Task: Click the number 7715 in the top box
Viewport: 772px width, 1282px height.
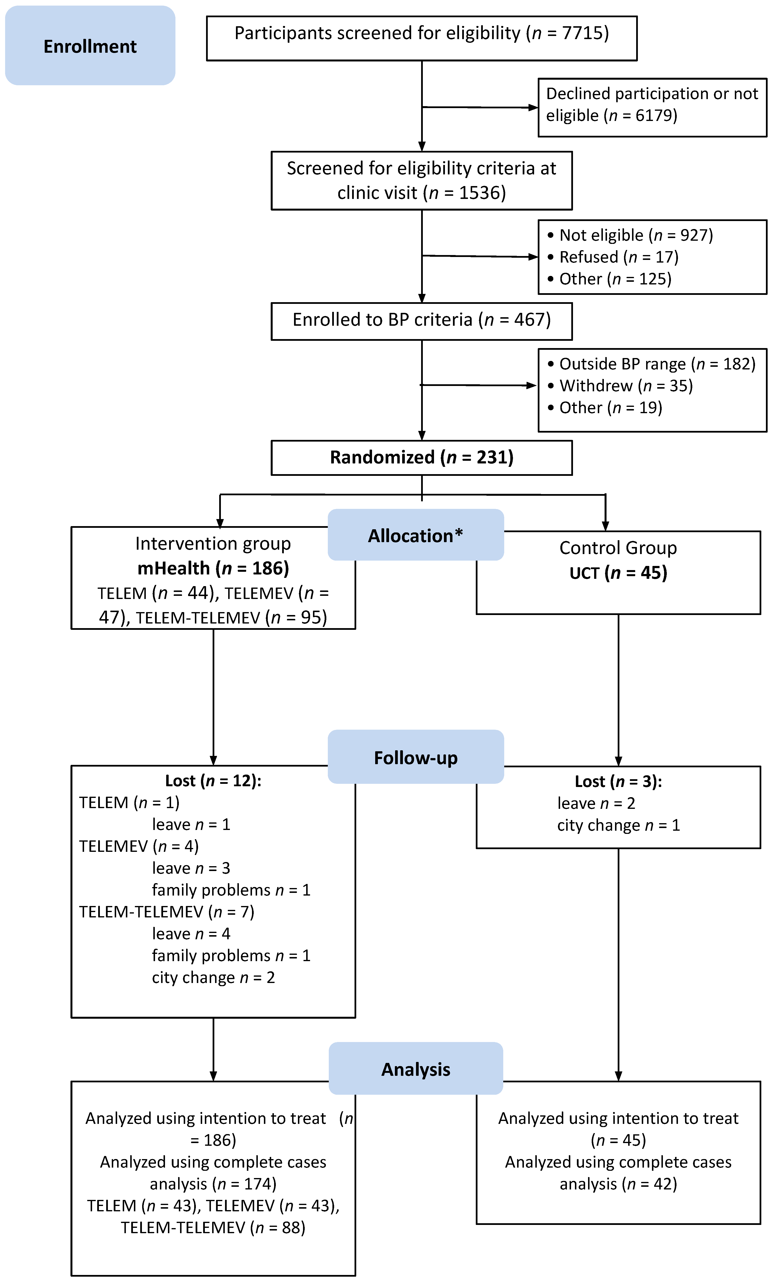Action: [583, 33]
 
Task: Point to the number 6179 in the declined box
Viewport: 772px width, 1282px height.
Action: [655, 115]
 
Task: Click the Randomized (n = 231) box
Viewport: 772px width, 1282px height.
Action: [421, 457]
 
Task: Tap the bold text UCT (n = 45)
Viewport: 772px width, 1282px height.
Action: [618, 573]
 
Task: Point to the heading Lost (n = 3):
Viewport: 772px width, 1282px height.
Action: [618, 781]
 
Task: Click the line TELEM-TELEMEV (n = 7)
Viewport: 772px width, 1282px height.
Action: [166, 912]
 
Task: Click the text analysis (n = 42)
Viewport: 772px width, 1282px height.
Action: [618, 1184]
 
